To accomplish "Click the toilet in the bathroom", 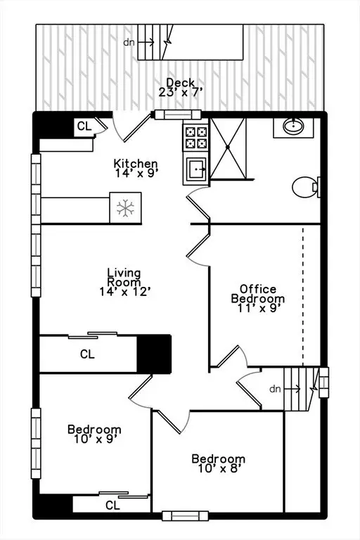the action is tap(306, 187).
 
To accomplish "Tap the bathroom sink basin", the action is tap(293, 127).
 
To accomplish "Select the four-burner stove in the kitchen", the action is tap(196, 137).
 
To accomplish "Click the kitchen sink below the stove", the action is tap(196, 169).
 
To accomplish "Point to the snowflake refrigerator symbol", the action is tap(125, 207).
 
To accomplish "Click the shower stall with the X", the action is tap(228, 148).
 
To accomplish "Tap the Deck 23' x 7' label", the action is tap(180, 87).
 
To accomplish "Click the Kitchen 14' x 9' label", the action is tap(136, 168).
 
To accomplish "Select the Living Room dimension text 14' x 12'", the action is tap(125, 292).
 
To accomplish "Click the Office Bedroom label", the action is tap(258, 298).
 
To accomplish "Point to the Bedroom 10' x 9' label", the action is tap(94, 434).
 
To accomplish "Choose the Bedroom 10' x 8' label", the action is tap(219, 463).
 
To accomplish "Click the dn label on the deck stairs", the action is tap(129, 42).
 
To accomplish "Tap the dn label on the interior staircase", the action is tap(275, 389).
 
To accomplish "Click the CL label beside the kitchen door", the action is tap(84, 127).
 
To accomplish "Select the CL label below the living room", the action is tap(87, 354).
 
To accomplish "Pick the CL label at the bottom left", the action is tap(112, 506).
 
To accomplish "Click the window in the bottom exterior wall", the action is tap(186, 516).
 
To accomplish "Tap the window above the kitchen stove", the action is tap(178, 115).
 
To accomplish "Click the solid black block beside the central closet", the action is tap(154, 354).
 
